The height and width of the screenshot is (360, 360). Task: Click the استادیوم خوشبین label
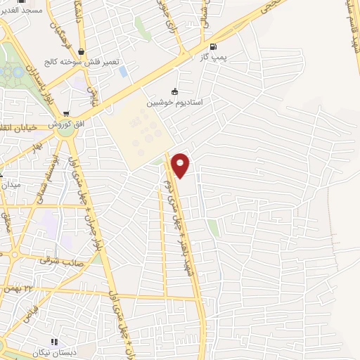(x=174, y=103)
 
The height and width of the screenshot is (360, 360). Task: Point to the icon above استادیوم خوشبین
(x=174, y=91)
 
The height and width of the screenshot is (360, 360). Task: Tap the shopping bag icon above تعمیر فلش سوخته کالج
(x=83, y=51)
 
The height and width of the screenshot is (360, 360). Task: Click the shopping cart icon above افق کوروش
(x=65, y=112)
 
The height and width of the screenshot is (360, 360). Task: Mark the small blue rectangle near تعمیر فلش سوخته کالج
(x=124, y=72)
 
